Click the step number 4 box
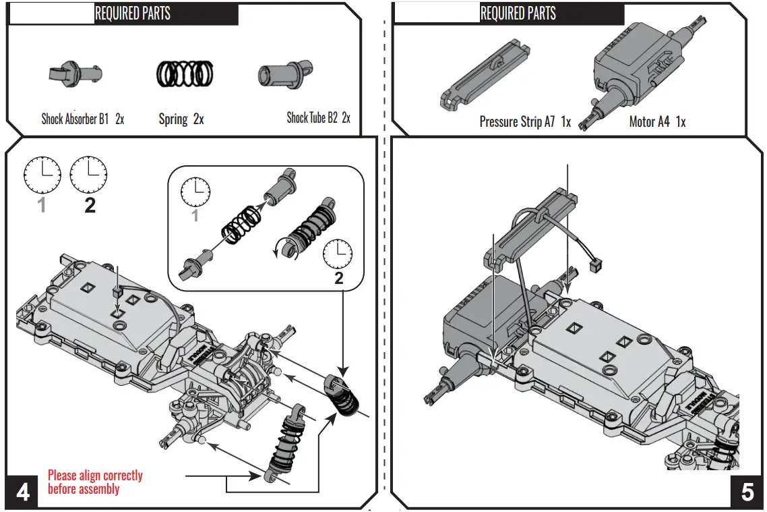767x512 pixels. tap(22, 492)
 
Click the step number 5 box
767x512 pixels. tap(747, 492)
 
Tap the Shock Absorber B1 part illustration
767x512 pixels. tap(74, 74)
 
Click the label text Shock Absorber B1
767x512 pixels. tap(75, 119)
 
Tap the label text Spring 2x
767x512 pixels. tap(181, 119)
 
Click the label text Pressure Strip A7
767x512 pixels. tap(517, 122)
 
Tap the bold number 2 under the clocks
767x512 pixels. tap(90, 206)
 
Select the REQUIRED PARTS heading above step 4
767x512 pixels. tap(132, 13)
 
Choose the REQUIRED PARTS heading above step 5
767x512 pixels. tap(518, 13)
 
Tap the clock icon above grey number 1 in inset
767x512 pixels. tap(195, 192)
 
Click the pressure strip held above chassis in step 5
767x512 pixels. tap(532, 226)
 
